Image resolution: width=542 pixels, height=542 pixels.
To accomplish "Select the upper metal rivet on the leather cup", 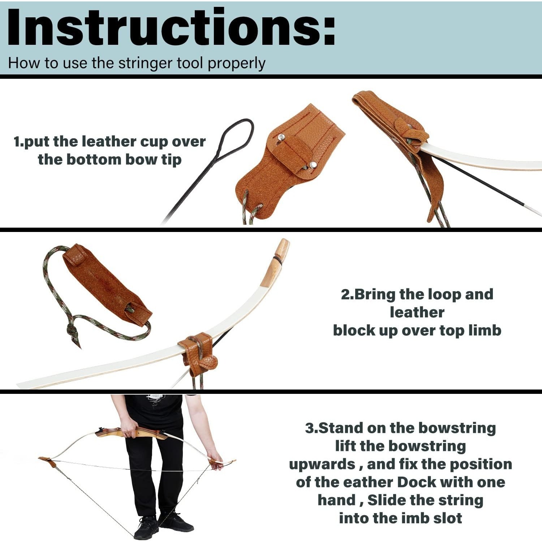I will click(x=280, y=137).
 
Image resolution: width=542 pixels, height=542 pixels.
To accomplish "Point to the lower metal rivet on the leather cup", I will click(x=313, y=165).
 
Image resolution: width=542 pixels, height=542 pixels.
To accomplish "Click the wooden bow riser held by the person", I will click(x=145, y=433).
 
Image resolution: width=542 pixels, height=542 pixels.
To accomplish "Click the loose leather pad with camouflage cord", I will click(x=105, y=285).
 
